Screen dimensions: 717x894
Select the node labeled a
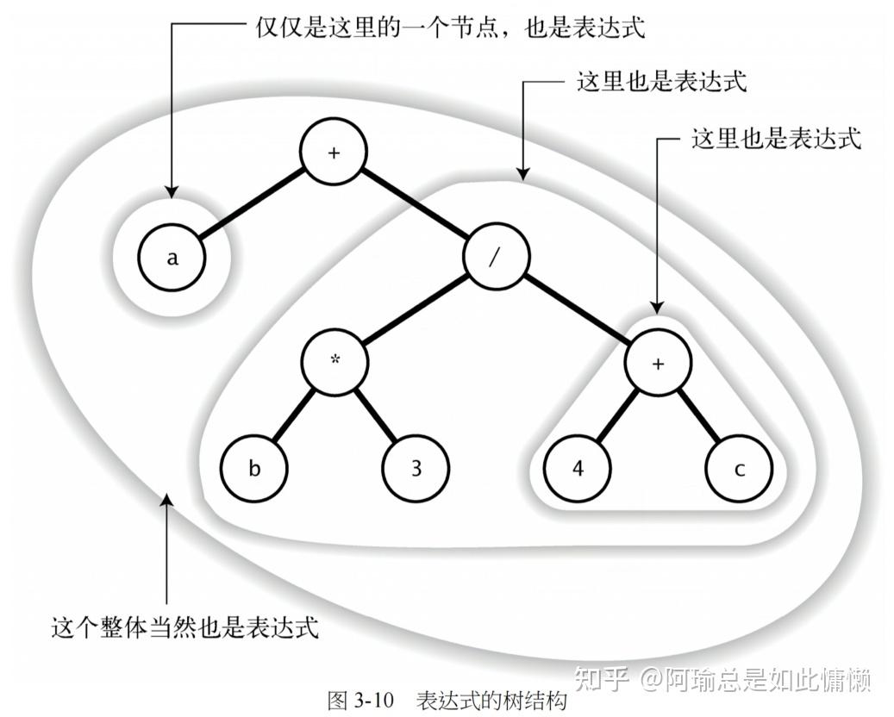tap(172, 257)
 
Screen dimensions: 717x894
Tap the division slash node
tap(495, 257)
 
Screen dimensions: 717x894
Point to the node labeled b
tap(253, 468)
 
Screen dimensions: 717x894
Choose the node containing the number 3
tap(416, 468)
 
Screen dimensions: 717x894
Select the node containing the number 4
tap(576, 468)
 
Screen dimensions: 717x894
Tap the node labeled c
tap(739, 468)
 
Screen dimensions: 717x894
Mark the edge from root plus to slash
tap(414, 204)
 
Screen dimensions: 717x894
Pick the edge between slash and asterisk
tap(414, 309)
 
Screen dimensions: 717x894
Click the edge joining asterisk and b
tap(293, 415)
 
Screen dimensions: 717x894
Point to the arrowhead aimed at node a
tap(172, 188)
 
